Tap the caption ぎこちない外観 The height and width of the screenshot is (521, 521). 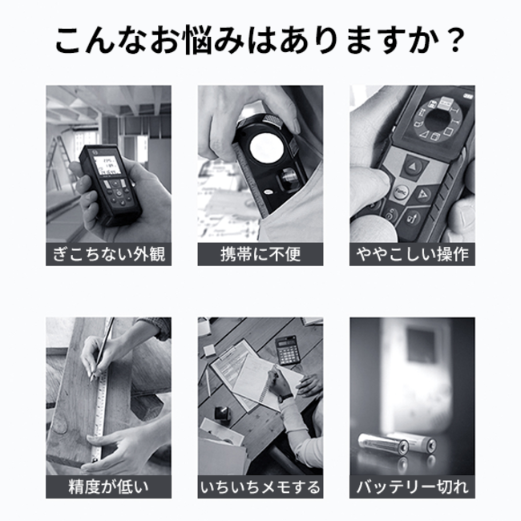109,254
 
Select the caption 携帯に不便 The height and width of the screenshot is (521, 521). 260,254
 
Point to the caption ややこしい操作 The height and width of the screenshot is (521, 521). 412,254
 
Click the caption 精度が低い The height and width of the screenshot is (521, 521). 109,487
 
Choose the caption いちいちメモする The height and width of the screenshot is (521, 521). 260,487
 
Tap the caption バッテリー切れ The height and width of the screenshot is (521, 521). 412,487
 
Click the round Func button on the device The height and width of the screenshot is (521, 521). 400,192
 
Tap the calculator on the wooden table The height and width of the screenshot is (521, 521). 288,349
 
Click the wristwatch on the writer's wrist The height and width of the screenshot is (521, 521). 285,398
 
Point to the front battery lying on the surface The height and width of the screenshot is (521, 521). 383,443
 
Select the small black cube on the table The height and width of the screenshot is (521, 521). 221,414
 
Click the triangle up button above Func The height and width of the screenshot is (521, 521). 413,166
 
